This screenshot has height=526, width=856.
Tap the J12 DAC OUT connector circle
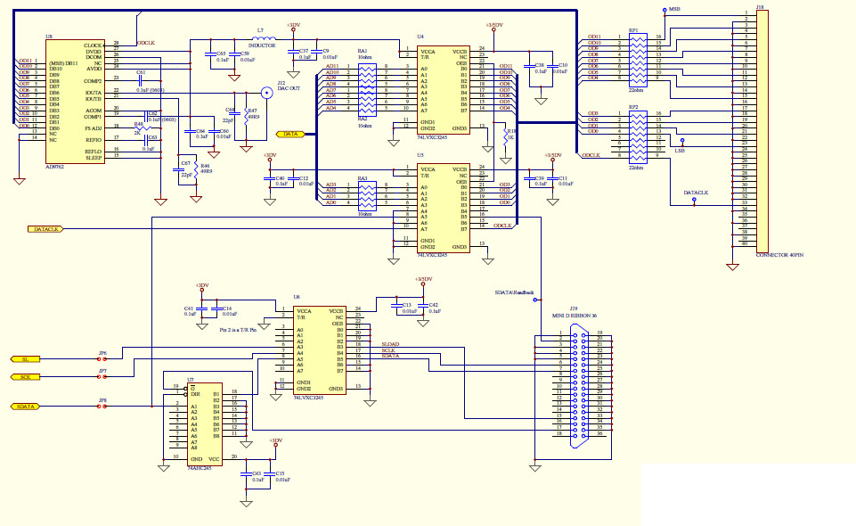pos(265,92)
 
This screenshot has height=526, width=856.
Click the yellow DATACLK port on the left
pos(42,229)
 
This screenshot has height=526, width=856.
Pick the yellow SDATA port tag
pos(27,407)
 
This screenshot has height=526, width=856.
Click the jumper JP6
pos(102,358)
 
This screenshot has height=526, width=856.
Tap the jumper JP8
pos(102,407)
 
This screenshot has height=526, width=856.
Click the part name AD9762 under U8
pos(55,166)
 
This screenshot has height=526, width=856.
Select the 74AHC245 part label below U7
pos(199,467)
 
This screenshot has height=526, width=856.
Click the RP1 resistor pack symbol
pos(634,58)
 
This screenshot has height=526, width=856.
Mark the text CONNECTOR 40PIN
pos(779,255)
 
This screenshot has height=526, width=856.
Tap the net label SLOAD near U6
pos(390,343)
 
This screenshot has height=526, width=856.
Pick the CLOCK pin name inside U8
pos(93,45)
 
